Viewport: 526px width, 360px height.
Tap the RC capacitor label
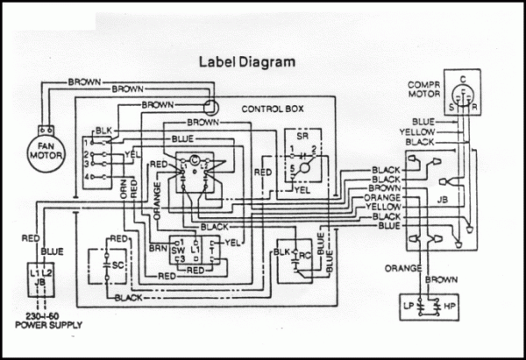pyautogui.click(x=303, y=257)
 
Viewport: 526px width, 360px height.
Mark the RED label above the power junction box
pyautogui.click(x=29, y=237)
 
